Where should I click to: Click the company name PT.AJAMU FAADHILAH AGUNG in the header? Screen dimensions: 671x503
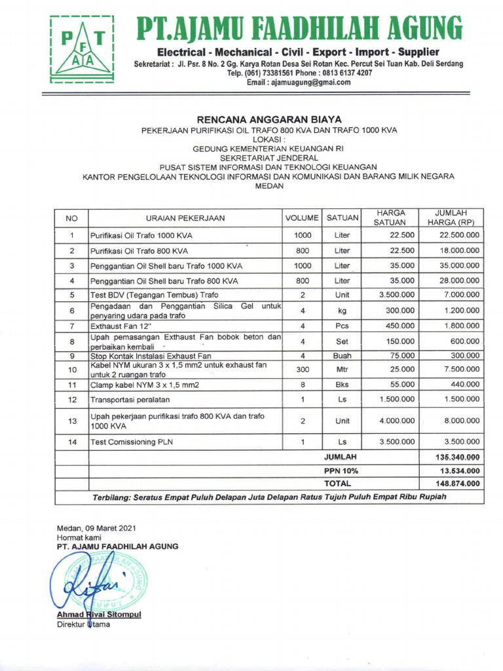(x=298, y=28)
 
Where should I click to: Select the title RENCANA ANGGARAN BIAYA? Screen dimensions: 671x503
(x=269, y=119)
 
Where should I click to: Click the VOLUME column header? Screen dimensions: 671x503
(x=302, y=218)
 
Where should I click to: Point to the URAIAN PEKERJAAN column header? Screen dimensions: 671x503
(x=185, y=218)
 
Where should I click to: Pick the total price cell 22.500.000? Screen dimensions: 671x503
(x=458, y=235)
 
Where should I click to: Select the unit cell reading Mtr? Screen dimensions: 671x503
(x=343, y=370)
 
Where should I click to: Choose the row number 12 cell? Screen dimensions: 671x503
(x=72, y=399)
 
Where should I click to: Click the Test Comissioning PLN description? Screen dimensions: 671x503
(x=132, y=442)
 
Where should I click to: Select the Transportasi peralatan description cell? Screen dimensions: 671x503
(x=130, y=399)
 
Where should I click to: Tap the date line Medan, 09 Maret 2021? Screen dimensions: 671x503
(x=97, y=528)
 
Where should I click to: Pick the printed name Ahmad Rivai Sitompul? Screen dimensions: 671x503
(x=99, y=615)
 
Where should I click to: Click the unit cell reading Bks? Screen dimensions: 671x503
(x=343, y=385)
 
